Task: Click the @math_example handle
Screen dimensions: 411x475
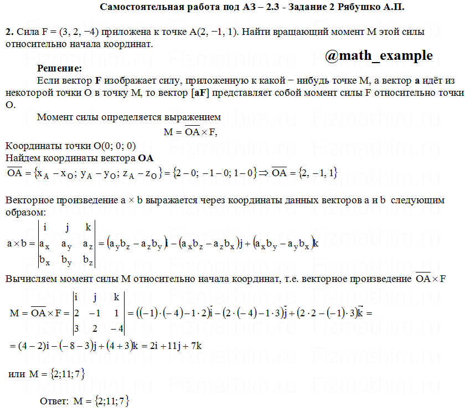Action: [x=379, y=55]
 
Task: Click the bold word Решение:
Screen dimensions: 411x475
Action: [x=59, y=69]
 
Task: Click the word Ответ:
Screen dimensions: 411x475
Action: [x=55, y=400]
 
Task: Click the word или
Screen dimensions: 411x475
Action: [x=17, y=374]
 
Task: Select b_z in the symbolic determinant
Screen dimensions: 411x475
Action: [x=88, y=259]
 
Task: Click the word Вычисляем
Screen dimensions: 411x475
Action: [x=28, y=279]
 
